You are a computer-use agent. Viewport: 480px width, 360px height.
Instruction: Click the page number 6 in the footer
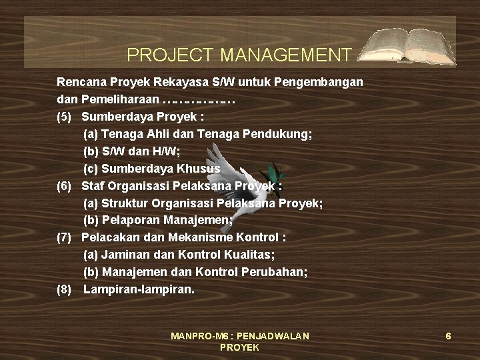click(449, 336)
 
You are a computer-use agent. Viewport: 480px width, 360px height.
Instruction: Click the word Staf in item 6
click(93, 186)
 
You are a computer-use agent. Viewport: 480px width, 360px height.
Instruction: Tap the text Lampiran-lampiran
click(139, 290)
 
